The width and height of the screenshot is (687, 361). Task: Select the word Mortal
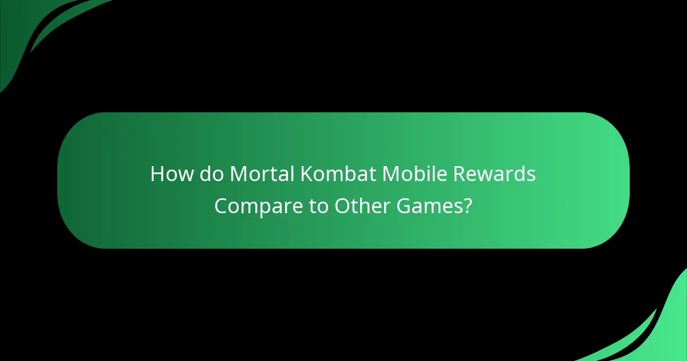click(262, 174)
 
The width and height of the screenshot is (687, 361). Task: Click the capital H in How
click(157, 174)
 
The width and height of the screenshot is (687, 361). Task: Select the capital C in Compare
click(222, 206)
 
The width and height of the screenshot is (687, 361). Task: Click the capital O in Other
click(342, 206)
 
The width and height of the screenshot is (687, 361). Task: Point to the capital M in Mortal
click(238, 174)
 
